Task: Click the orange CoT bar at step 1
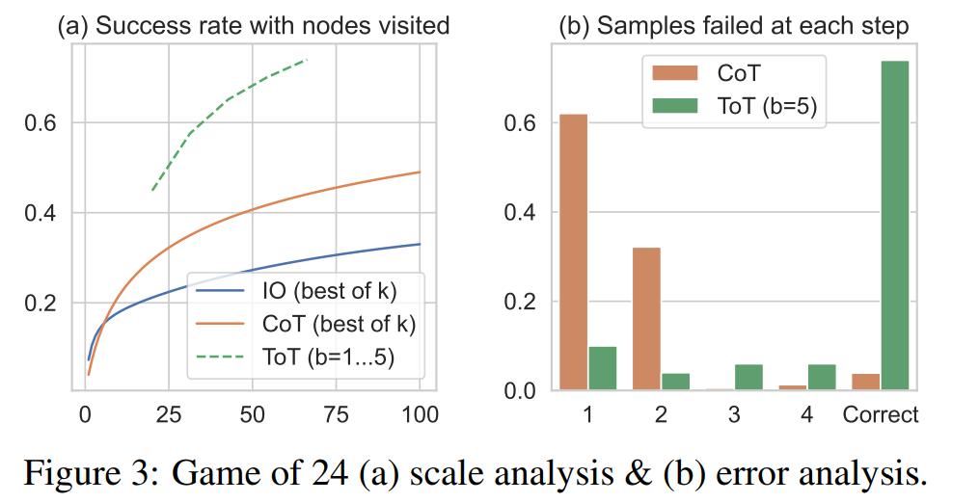[x=573, y=252]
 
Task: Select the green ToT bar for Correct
[x=896, y=226]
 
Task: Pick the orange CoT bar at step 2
[x=646, y=319]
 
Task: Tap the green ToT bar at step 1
[x=602, y=368]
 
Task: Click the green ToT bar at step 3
[x=748, y=378]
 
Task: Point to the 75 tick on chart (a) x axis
[x=336, y=414]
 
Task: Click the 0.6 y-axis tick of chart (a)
[x=41, y=123]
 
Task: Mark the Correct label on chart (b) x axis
[x=881, y=415]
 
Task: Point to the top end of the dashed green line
[x=306, y=60]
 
